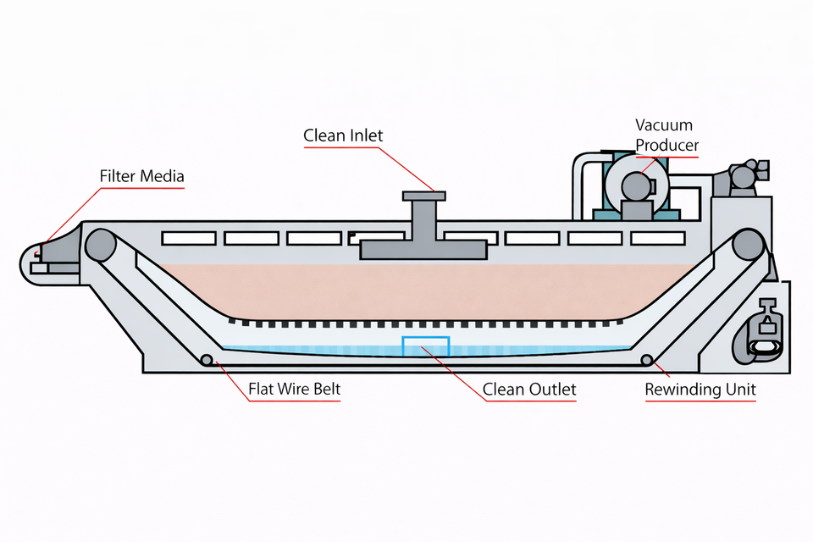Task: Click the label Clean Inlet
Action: pos(343,135)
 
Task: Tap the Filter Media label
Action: pos(141,176)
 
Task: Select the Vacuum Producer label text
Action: pos(666,135)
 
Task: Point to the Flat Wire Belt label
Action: pos(294,389)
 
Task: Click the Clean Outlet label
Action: pos(528,390)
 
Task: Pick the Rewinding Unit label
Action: pos(700,390)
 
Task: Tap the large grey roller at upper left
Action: pos(101,245)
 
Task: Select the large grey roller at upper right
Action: pos(748,245)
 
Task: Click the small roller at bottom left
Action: pos(207,360)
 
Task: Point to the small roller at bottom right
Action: pos(646,360)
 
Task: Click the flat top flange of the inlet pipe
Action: pos(424,196)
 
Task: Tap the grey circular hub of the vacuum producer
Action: pos(636,185)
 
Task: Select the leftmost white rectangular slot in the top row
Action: pos(189,238)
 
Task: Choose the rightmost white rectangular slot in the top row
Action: pos(658,238)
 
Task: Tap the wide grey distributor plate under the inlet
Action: pos(423,250)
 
